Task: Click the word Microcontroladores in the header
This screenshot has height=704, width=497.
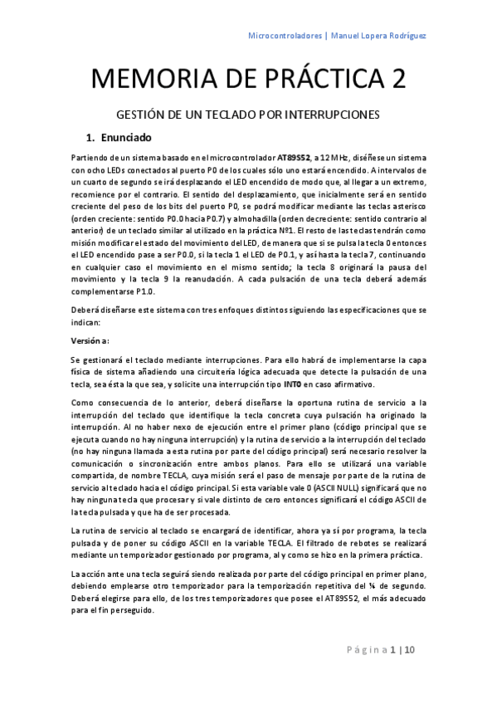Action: pos(285,35)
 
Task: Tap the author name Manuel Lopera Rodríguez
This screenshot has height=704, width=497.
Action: pos(381,35)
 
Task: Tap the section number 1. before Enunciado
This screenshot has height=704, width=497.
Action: pos(93,137)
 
